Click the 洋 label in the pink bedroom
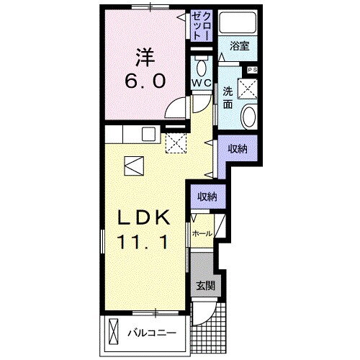pos(145,57)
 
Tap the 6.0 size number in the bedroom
pos(145,81)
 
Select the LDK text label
pos(143,217)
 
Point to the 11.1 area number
pos(143,242)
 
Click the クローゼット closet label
pos(202,26)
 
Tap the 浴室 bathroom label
pos(240,46)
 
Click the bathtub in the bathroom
pos(238,22)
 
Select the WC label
pos(202,83)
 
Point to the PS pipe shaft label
pos(253,70)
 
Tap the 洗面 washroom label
pos(228,98)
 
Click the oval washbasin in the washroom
pos(248,117)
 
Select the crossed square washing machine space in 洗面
pos(248,89)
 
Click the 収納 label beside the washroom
pos(238,149)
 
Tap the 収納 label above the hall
pos(207,197)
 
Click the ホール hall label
pos(202,233)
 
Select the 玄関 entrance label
pos(205,286)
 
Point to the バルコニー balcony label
pos(152,333)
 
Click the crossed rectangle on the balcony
pos(113,332)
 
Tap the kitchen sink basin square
pos(148,134)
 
